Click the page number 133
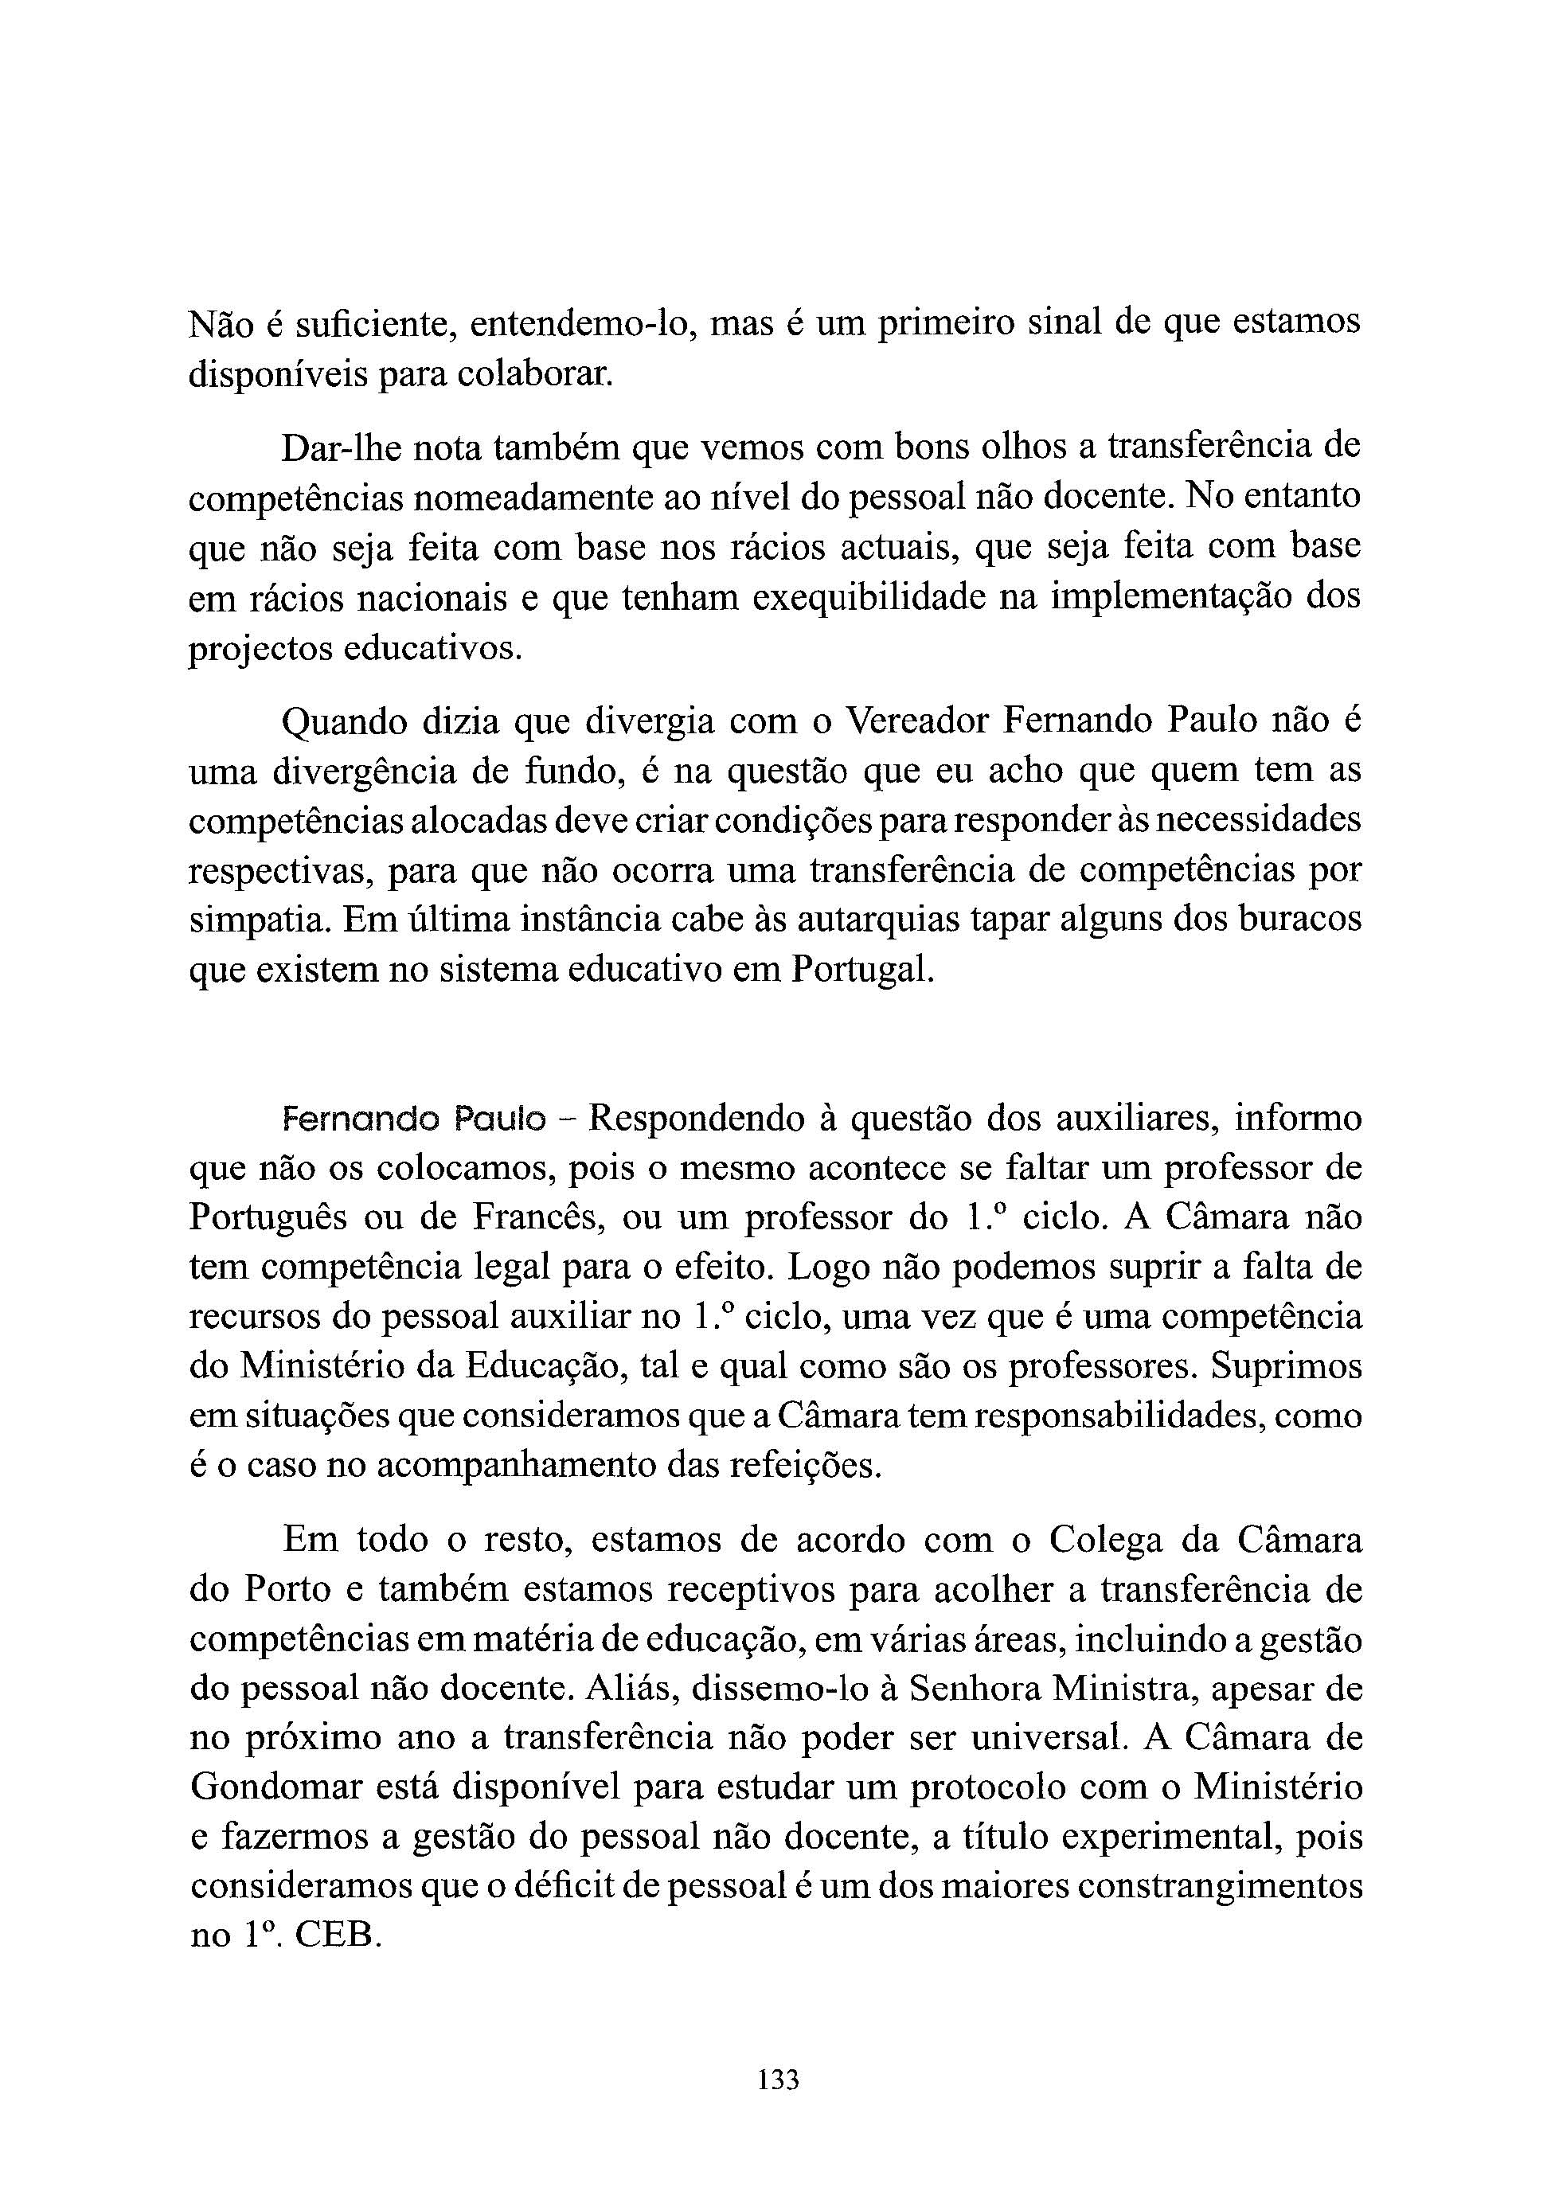[x=777, y=2080]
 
